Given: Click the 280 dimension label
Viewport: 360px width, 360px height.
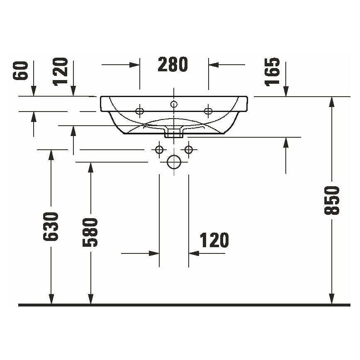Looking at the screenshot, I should [x=173, y=65].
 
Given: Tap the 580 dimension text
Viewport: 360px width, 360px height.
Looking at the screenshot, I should [x=90, y=232].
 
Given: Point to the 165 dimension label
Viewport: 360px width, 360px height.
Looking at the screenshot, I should [x=272, y=71].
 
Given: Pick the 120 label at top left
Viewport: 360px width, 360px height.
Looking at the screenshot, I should [x=61, y=71].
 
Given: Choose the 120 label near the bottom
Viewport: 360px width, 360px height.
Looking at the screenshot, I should [x=214, y=240].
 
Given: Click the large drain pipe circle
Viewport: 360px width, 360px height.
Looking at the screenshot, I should [x=174, y=162].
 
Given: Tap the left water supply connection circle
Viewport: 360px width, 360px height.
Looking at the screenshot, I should [x=159, y=149].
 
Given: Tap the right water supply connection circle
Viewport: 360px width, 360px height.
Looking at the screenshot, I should [x=189, y=149].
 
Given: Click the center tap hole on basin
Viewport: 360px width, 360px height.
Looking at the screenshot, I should [x=174, y=104].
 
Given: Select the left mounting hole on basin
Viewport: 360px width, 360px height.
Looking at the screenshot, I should [x=140, y=110].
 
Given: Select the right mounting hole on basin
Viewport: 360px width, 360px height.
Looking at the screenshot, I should [x=208, y=110].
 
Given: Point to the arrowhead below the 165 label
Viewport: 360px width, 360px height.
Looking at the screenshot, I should [x=285, y=92].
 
